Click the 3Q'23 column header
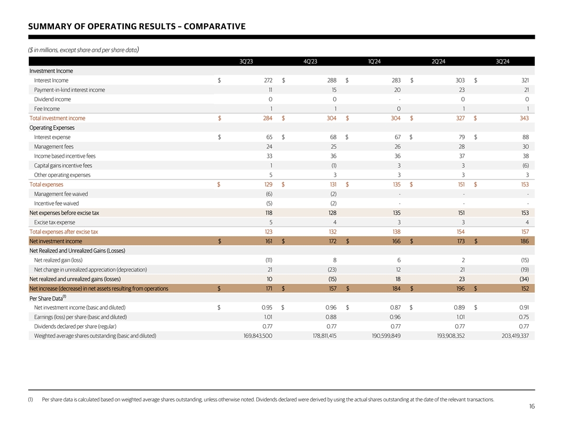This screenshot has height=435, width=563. click(x=246, y=61)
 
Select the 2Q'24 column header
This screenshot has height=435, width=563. click(x=438, y=61)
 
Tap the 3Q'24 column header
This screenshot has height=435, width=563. click(x=502, y=61)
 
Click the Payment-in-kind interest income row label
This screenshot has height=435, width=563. click(x=69, y=90)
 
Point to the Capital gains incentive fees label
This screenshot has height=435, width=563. click(x=63, y=165)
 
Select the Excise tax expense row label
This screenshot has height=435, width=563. click(x=54, y=222)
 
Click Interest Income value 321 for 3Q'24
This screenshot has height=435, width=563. click(x=524, y=80)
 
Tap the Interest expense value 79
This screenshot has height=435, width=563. click(x=461, y=137)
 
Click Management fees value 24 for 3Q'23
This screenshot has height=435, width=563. click(x=269, y=147)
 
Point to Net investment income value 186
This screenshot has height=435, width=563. click(x=524, y=241)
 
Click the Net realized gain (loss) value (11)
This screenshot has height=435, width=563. click(x=269, y=260)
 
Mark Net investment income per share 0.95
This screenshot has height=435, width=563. click(x=267, y=308)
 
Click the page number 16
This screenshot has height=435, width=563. click(x=532, y=407)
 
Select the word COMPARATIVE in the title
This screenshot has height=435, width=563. click(x=214, y=27)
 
